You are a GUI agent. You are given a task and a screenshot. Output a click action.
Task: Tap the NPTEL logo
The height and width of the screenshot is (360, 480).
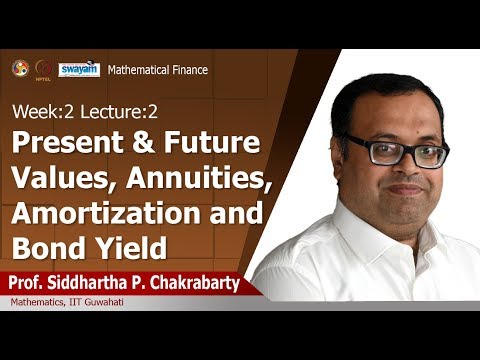[x=43, y=68]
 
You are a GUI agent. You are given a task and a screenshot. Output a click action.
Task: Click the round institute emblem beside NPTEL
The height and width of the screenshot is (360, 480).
[x=20, y=67]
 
